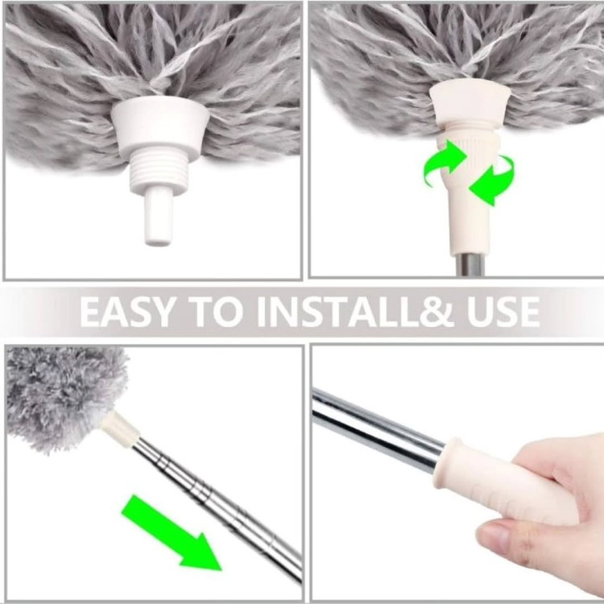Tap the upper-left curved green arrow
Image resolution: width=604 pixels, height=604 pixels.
[x=445, y=163]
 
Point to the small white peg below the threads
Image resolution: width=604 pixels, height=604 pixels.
[x=159, y=217]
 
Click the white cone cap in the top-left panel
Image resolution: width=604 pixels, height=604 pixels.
[x=160, y=129]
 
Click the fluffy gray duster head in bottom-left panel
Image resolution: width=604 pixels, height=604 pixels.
[x=64, y=397]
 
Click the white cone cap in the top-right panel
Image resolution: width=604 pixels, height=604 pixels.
[x=470, y=106]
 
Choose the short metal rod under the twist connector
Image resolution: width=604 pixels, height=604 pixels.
[x=468, y=265]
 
